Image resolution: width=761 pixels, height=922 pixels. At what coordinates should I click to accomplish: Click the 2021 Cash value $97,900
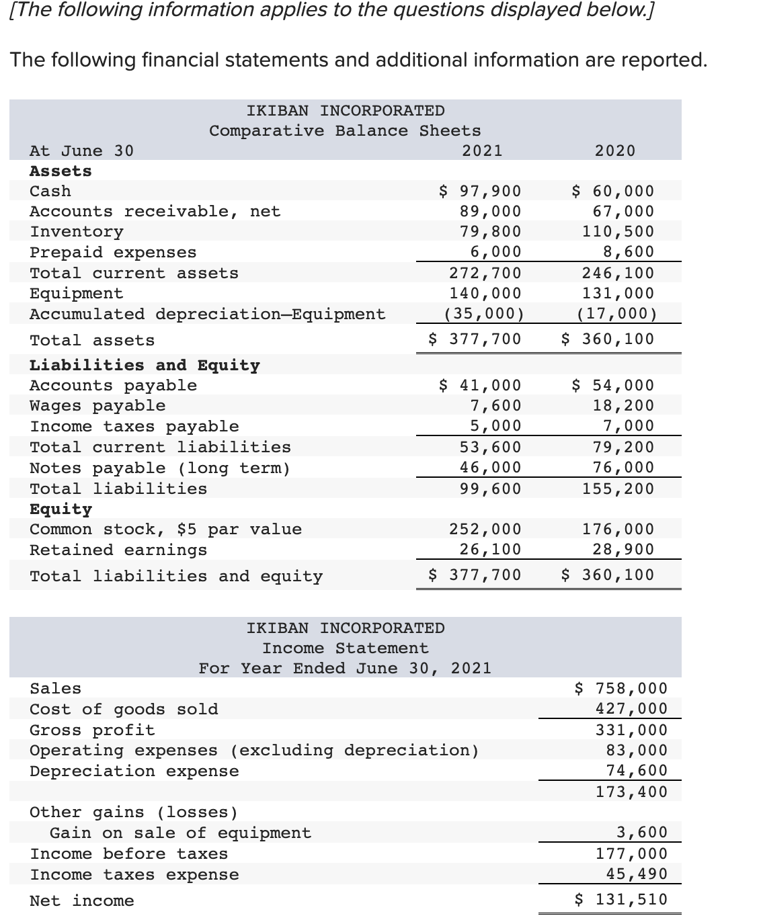[480, 192]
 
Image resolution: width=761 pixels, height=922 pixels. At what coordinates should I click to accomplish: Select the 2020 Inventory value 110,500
[618, 232]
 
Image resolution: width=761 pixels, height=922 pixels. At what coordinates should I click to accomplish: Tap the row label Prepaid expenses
[113, 253]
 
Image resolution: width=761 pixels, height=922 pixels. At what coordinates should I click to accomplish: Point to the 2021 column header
[482, 151]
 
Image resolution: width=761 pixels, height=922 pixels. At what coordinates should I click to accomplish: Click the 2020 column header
[615, 151]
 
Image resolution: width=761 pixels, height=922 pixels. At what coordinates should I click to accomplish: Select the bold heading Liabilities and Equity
[145, 366]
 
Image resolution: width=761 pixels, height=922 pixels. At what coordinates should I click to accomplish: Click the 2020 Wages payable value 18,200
[623, 406]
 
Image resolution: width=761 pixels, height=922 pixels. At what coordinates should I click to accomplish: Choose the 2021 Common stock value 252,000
[485, 530]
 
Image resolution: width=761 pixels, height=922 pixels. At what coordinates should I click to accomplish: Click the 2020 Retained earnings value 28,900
[623, 550]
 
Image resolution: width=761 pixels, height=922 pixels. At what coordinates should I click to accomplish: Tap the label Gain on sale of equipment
[180, 833]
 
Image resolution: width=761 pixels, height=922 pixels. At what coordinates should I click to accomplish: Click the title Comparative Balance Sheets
[345, 131]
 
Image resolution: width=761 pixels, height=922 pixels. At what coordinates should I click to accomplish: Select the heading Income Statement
[345, 648]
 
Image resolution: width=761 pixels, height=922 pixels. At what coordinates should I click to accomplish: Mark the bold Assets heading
[61, 171]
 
